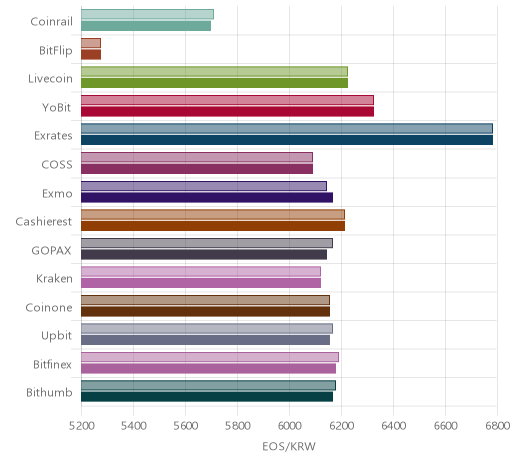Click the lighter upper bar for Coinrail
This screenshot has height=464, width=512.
147,14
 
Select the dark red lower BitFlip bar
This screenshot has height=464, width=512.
91,55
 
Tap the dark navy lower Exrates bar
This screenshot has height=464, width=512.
287,140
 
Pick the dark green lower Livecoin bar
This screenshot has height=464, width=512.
214,83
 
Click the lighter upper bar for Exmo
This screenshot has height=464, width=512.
204,186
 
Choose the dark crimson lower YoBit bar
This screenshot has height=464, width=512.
227,112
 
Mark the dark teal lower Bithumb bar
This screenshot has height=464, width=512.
207,397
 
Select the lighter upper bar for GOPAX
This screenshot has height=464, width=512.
207,243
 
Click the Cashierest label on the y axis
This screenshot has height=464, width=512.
44,222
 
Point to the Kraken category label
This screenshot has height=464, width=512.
54,279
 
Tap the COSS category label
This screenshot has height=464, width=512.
57,165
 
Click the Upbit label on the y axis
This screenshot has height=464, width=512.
56,336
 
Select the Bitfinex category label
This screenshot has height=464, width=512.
52,365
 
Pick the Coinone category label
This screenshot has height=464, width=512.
49,307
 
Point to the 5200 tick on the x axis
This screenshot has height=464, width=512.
81,426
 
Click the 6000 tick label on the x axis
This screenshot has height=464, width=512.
289,426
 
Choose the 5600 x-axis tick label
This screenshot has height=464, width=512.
185,426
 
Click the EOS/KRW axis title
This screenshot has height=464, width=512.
289,446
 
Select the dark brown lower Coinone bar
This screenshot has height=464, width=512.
206,312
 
